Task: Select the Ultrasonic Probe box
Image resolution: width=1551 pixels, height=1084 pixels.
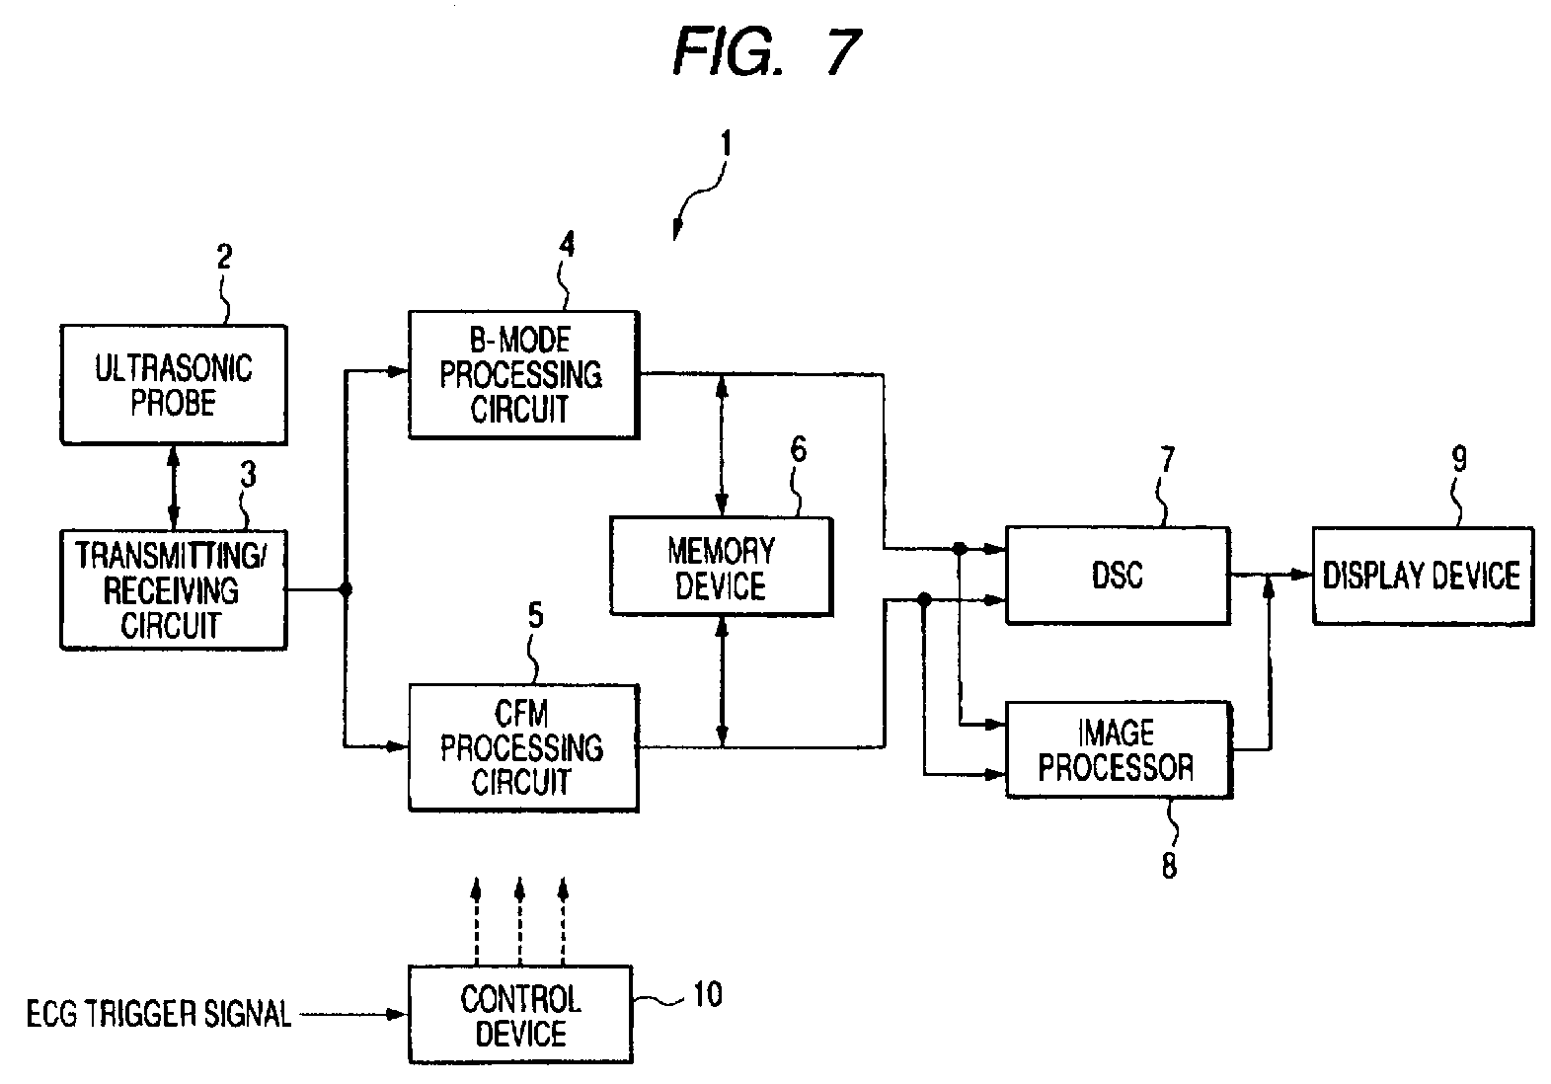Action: pos(173,385)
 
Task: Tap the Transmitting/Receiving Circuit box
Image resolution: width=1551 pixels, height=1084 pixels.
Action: pos(173,589)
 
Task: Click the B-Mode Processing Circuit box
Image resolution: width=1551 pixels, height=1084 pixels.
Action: pos(523,375)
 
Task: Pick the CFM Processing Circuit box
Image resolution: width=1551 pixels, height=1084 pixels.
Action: pos(523,748)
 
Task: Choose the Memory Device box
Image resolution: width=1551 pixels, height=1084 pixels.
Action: pos(721,567)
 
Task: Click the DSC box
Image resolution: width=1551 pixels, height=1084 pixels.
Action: pos(1118,575)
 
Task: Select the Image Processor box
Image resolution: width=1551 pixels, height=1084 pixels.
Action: pos(1118,749)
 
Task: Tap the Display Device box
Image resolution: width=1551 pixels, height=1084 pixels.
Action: pos(1422,576)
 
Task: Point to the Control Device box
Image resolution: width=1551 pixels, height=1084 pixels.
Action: pos(520,1015)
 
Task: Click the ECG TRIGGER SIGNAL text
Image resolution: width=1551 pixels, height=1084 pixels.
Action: pos(158,1014)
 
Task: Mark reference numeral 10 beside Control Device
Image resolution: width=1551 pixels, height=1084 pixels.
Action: pos(706,994)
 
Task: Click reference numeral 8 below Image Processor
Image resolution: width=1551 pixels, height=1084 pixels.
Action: pos(1169,865)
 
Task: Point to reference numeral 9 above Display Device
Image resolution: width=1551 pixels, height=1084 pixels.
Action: pos(1458,458)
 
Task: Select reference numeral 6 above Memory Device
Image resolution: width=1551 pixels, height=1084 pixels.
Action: pos(798,450)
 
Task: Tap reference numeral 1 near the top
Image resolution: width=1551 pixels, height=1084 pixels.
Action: pos(726,145)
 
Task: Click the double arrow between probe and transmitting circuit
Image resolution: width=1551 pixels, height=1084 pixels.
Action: pos(174,487)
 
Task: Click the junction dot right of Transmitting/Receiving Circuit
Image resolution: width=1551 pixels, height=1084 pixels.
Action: pos(346,590)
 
